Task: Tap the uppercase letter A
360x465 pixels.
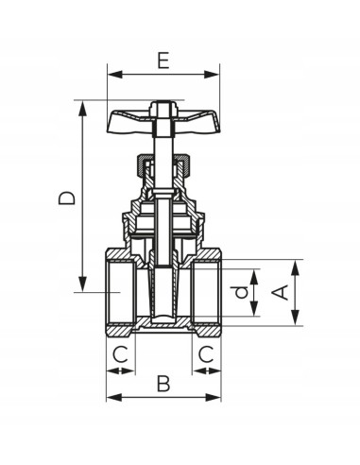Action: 280,292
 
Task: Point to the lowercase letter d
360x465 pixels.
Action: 242,293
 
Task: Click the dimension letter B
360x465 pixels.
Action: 163,384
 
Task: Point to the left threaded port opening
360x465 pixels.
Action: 116,293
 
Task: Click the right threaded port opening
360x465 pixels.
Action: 210,293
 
